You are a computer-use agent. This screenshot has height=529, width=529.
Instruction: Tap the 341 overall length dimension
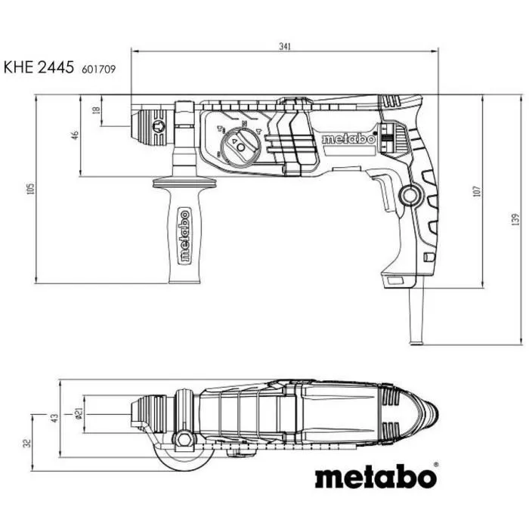(284, 47)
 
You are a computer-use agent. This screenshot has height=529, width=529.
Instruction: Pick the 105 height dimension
(31, 189)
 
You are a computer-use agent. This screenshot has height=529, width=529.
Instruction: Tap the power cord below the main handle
(416, 317)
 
